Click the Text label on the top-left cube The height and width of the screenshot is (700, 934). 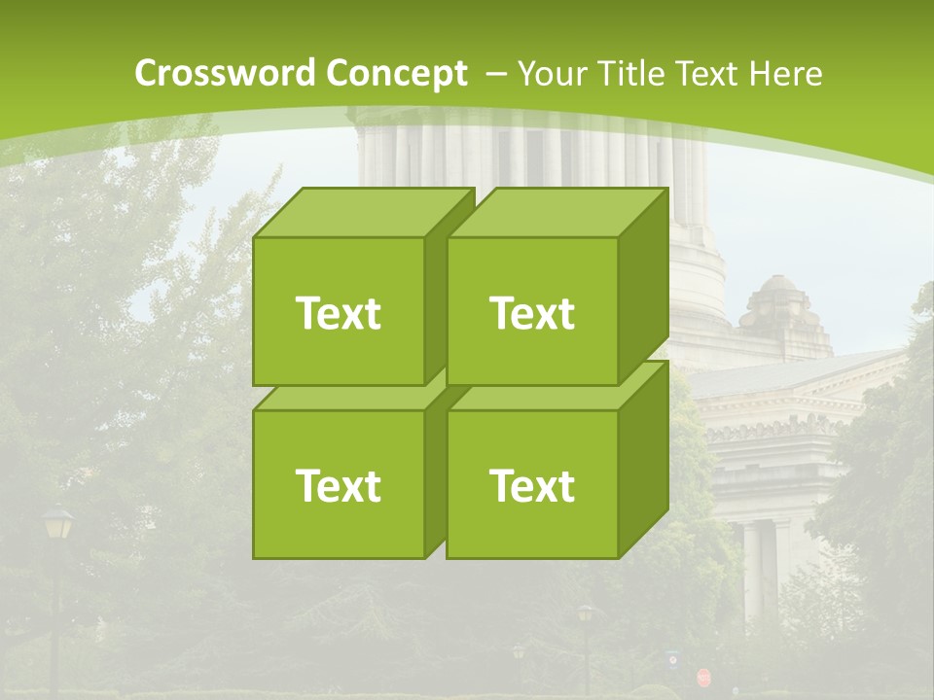(338, 313)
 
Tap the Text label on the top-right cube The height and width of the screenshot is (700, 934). (532, 313)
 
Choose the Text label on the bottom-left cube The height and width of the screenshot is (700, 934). (338, 485)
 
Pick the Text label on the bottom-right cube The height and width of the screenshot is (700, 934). (532, 485)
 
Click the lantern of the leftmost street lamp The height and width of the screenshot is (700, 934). (57, 526)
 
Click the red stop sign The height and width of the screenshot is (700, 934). (703, 677)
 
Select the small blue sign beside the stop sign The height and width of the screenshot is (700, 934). (673, 660)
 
